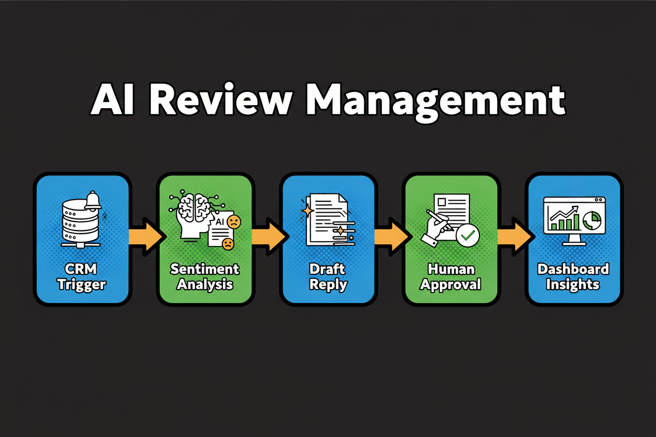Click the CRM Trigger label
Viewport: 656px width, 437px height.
point(81,277)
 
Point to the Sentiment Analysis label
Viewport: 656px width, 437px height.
point(204,277)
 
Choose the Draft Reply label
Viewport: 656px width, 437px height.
point(328,277)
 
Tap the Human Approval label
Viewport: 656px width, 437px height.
point(450,277)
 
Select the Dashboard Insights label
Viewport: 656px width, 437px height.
point(573,277)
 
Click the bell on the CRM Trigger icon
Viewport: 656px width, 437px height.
point(93,200)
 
